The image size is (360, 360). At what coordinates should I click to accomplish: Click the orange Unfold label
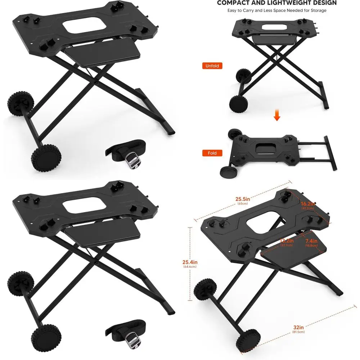coord(212,66)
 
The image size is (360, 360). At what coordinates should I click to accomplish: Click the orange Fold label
coord(212,153)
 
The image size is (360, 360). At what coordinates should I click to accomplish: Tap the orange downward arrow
coord(277,116)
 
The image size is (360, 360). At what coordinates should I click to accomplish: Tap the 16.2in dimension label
coord(309,204)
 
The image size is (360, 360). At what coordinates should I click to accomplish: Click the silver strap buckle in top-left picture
coord(132,159)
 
